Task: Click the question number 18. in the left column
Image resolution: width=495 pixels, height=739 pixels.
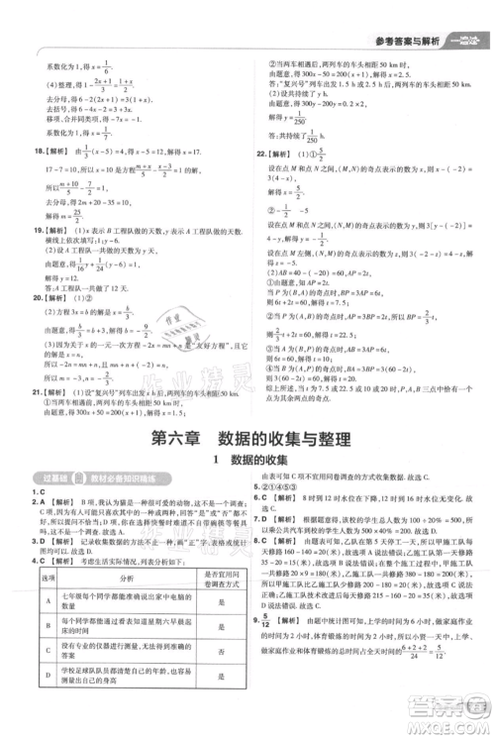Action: pos(25,151)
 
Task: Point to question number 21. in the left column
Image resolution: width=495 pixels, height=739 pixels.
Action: pos(25,393)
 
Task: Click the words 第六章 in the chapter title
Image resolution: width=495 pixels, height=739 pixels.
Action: pos(175,439)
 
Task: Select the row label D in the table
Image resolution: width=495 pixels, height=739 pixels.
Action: pos(47,706)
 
